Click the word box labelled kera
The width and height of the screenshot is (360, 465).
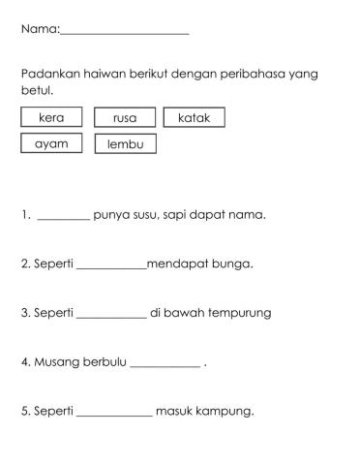[x=51, y=117]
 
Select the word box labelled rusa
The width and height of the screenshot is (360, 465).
[x=125, y=118]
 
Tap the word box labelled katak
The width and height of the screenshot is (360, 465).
[x=195, y=117]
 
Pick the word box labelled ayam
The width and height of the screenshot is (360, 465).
[x=51, y=143]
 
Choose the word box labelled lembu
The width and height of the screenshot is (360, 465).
[x=125, y=144]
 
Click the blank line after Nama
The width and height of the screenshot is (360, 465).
[x=124, y=32]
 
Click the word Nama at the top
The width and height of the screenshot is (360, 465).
[x=39, y=30]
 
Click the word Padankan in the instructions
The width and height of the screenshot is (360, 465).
[x=49, y=75]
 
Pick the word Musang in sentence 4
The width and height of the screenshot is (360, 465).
[x=57, y=362]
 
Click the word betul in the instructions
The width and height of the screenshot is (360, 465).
[x=36, y=90]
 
